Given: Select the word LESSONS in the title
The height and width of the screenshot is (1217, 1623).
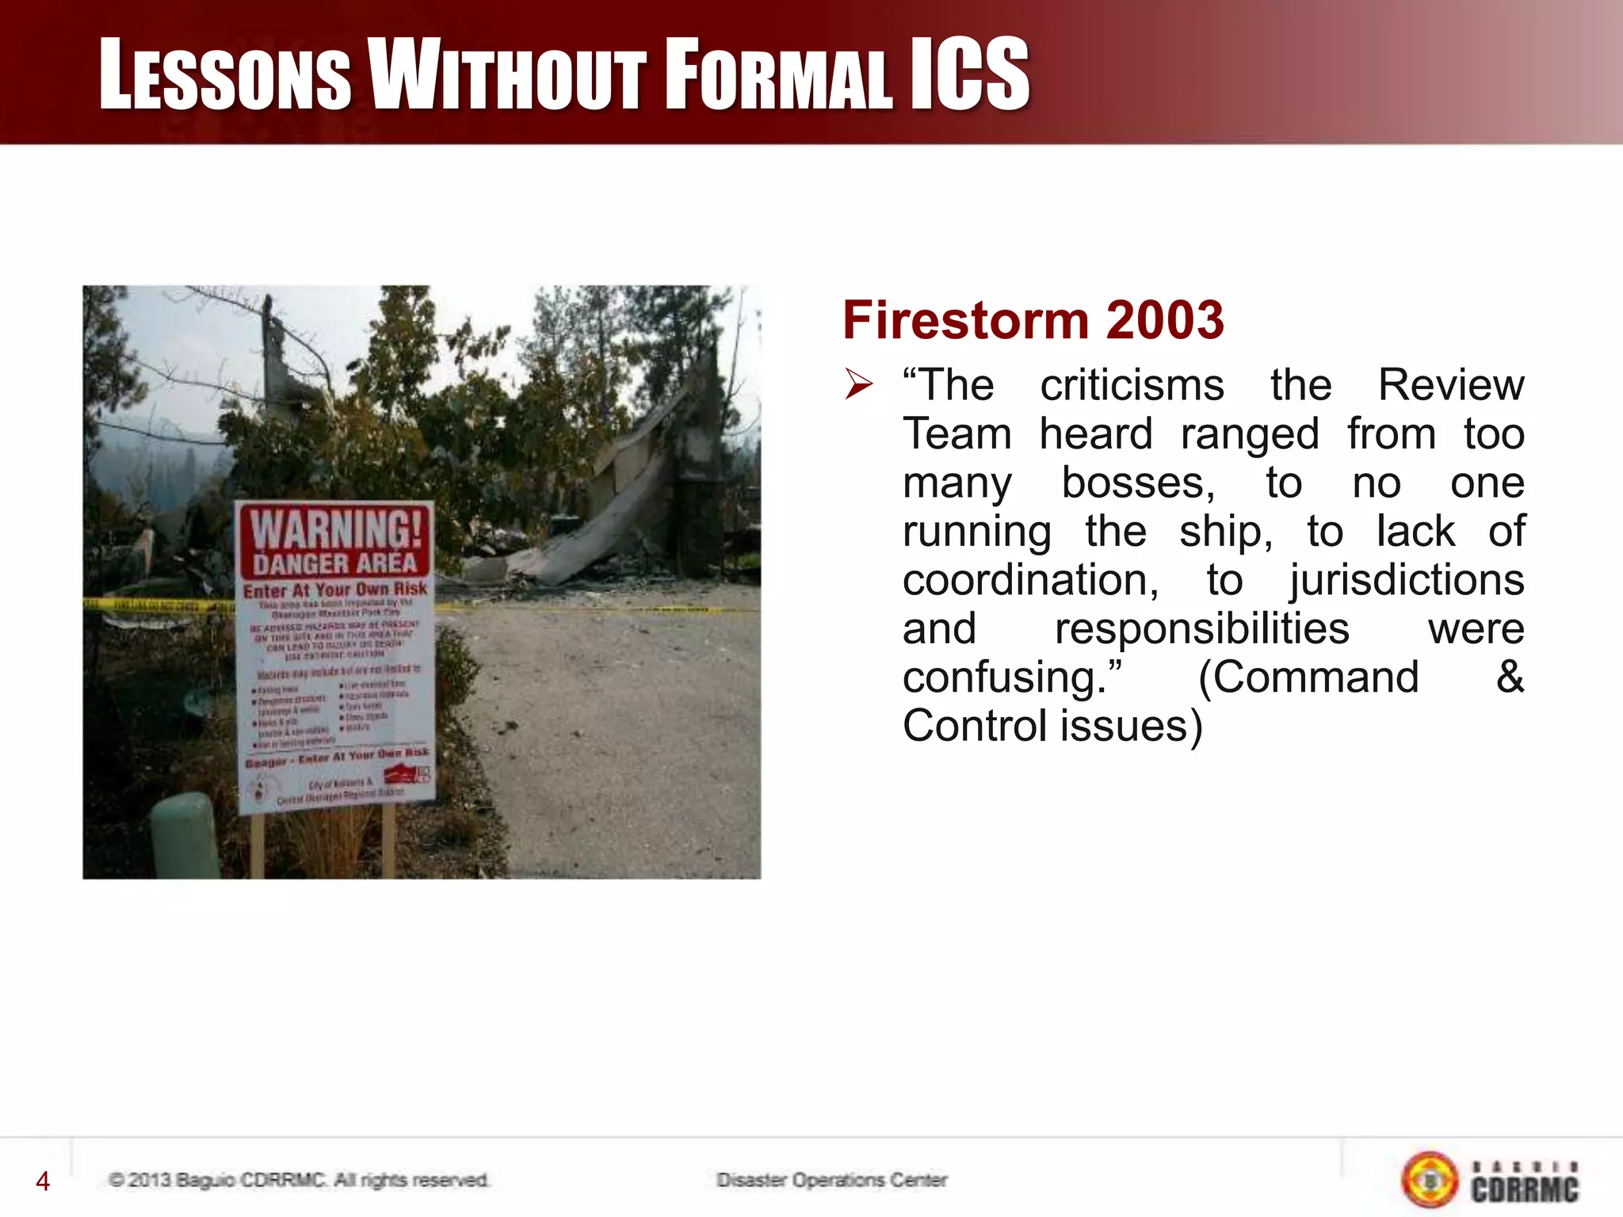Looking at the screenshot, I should tap(225, 75).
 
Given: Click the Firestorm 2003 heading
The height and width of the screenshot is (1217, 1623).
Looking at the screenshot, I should tap(1033, 320).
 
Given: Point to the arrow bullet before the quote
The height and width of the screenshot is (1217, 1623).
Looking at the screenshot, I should tap(858, 384).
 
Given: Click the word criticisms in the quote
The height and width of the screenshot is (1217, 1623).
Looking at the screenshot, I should tap(1132, 386).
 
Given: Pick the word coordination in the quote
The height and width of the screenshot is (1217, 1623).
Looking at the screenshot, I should tap(1029, 580).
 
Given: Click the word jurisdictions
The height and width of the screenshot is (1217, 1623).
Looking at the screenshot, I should tap(1406, 580).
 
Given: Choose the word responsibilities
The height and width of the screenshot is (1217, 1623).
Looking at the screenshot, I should tap(1201, 629).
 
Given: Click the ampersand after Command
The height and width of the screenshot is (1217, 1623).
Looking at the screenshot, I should tap(1510, 677).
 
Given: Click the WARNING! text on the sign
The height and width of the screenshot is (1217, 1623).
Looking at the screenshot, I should tap(336, 528).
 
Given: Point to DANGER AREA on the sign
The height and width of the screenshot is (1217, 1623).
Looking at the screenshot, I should tap(334, 563).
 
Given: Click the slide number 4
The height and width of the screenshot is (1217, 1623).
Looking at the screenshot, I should tap(43, 1181).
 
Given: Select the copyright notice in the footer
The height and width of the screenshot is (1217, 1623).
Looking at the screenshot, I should tap(299, 1180).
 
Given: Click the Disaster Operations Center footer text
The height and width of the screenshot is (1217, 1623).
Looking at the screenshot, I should tap(831, 1180).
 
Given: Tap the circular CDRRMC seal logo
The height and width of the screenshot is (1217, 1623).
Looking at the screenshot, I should tap(1430, 1180).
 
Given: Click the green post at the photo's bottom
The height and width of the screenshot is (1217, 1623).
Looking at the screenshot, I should tap(185, 836).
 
